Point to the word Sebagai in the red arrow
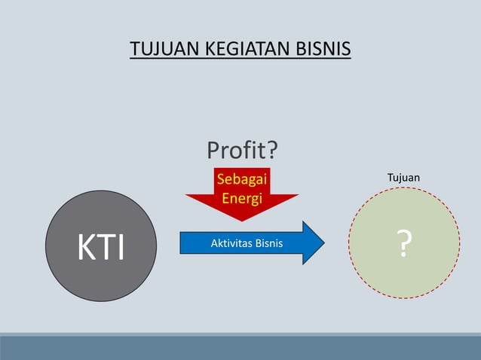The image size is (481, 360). [x=241, y=179]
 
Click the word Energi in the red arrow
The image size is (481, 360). [x=241, y=199]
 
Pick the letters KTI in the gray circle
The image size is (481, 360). [x=101, y=246]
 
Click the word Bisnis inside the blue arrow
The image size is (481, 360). [x=269, y=243]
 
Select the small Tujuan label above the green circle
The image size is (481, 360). [x=403, y=178]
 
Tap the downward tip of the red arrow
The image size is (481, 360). [x=241, y=219]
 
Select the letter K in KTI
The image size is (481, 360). [x=81, y=246]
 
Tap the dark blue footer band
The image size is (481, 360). [x=240, y=348]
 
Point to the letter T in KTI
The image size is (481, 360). [x=103, y=246]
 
